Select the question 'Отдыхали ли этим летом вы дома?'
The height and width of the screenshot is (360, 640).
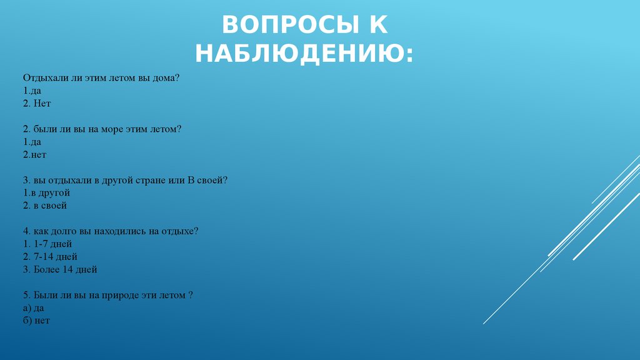click(101, 78)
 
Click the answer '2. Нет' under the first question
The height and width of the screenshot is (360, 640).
click(37, 103)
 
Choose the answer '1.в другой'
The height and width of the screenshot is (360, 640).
click(46, 192)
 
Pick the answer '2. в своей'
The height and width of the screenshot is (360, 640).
click(45, 205)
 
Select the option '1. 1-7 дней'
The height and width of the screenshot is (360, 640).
click(47, 244)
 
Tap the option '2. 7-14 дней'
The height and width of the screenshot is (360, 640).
click(50, 257)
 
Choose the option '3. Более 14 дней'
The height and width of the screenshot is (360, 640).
click(60, 269)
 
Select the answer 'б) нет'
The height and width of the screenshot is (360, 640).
click(36, 321)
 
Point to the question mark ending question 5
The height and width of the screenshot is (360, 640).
click(190, 295)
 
